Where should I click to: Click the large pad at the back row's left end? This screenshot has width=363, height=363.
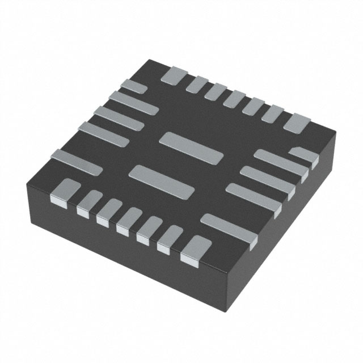tap(173, 76)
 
